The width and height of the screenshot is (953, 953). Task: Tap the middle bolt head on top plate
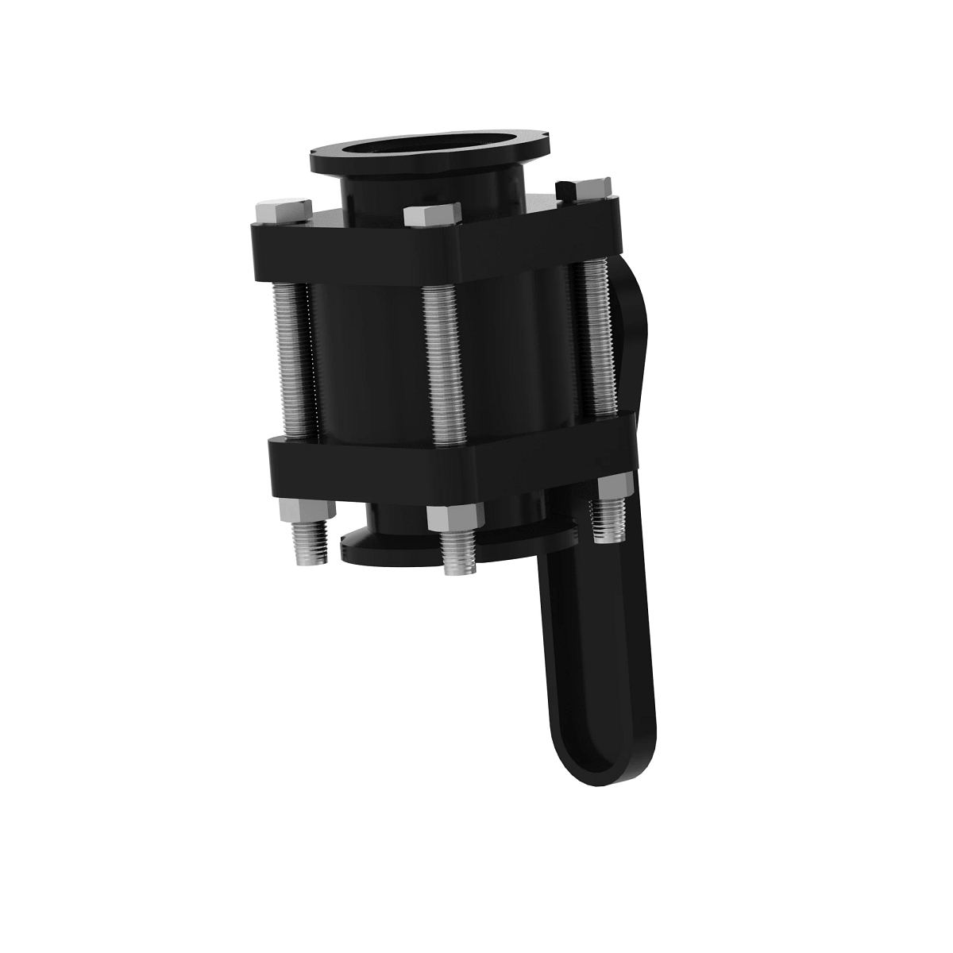[x=431, y=215]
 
